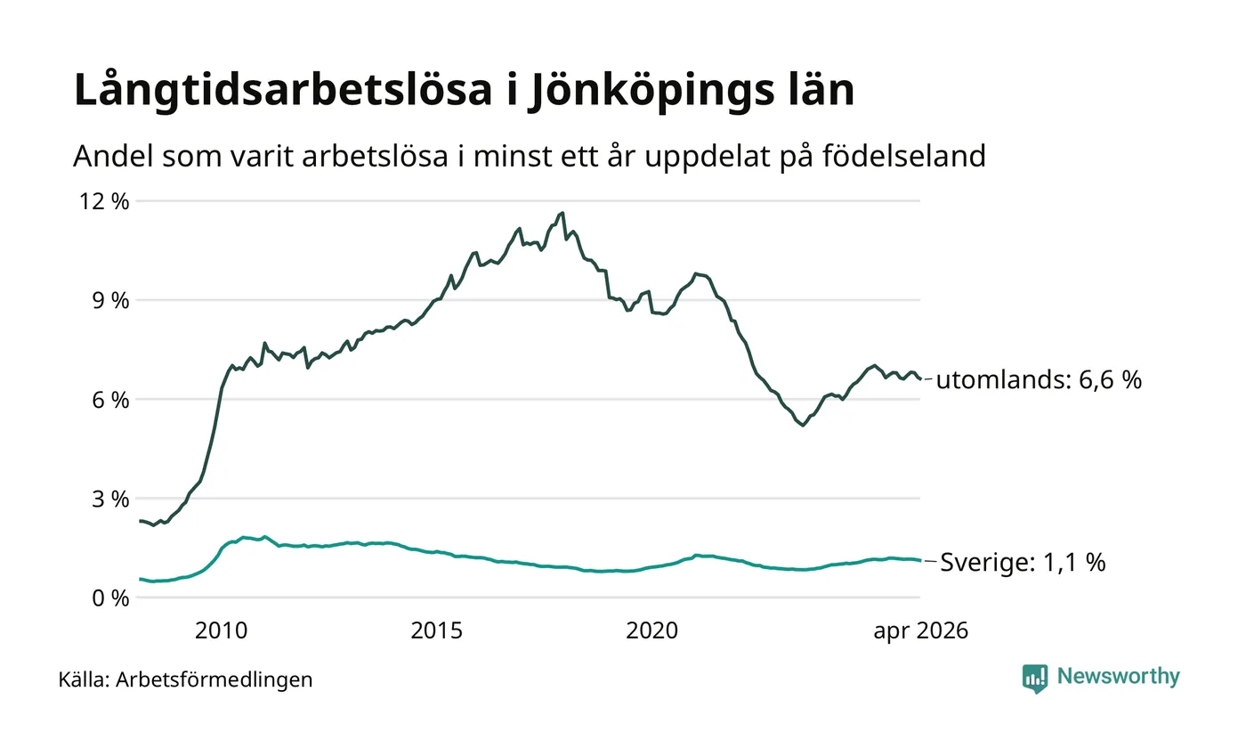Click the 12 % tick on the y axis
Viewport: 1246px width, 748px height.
pos(104,201)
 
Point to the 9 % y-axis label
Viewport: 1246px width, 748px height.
pos(110,301)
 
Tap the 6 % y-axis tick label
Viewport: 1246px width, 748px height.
pos(110,400)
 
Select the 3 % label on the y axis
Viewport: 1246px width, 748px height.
pos(110,499)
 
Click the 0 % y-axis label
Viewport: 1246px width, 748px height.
pos(110,598)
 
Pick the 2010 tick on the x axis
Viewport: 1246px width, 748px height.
pos(221,630)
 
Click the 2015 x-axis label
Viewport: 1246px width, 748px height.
pos(437,630)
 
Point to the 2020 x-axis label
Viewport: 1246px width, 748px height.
pos(651,630)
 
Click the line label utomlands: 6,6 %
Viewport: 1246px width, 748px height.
pos(1039,380)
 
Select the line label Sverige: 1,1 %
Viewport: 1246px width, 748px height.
pos(1023,563)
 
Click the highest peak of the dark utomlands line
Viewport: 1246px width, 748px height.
pos(562,213)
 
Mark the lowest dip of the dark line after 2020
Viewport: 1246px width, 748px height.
pos(803,426)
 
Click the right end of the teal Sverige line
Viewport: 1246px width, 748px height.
pos(920,560)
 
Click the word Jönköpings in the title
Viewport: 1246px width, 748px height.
pos(651,90)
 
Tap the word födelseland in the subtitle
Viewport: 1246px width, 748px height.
pos(904,156)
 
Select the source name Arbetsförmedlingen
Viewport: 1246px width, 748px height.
pos(214,679)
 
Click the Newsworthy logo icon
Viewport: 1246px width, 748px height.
pos(1034,679)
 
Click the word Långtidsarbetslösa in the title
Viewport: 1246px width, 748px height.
pos(283,90)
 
